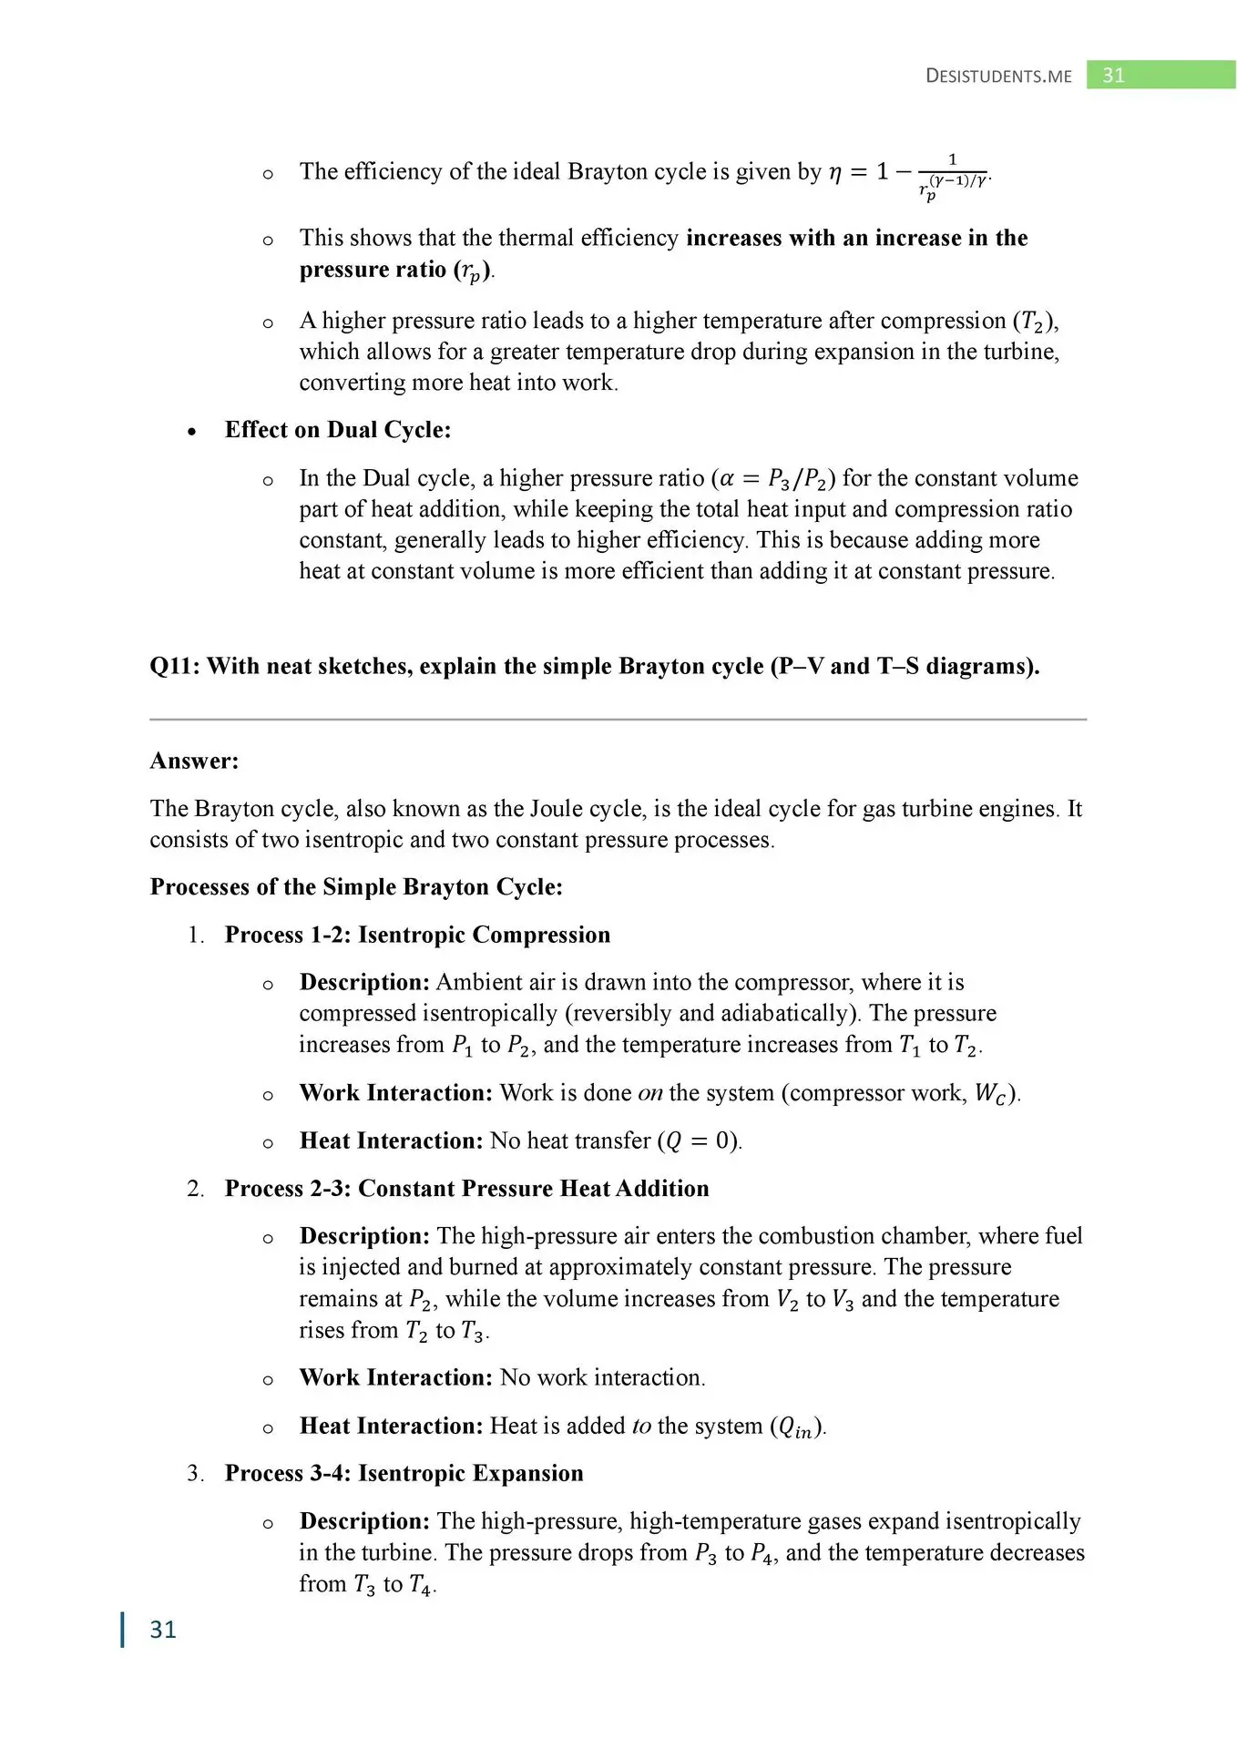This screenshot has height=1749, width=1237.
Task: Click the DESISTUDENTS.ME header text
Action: pyautogui.click(x=998, y=76)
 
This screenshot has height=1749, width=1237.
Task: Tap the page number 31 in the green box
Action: pyautogui.click(x=1113, y=76)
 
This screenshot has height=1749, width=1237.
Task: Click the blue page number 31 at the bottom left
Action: pyautogui.click(x=163, y=1629)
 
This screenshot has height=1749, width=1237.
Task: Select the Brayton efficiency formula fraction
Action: pyautogui.click(x=952, y=175)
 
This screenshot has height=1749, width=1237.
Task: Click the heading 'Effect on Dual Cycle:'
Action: pyautogui.click(x=338, y=430)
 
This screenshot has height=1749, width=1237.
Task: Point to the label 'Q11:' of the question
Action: pyautogui.click(x=175, y=666)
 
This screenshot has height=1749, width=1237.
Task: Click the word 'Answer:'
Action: pyautogui.click(x=194, y=761)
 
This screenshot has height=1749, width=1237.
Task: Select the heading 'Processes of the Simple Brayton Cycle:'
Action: pyautogui.click(x=356, y=887)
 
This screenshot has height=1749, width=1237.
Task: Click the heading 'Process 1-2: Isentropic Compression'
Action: pyautogui.click(x=417, y=935)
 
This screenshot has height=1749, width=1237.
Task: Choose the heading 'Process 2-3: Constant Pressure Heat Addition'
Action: pyautogui.click(x=466, y=1189)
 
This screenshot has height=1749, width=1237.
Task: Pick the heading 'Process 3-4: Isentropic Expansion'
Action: pyautogui.click(x=404, y=1473)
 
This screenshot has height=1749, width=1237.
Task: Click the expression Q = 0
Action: pyautogui.click(x=699, y=1141)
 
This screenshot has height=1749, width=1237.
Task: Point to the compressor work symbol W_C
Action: pyautogui.click(x=991, y=1094)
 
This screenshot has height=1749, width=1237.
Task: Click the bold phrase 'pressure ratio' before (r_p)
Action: pyautogui.click(x=373, y=270)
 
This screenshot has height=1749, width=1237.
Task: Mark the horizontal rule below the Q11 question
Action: pyautogui.click(x=618, y=720)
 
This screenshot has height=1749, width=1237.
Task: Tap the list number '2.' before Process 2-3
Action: pyautogui.click(x=196, y=1189)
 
